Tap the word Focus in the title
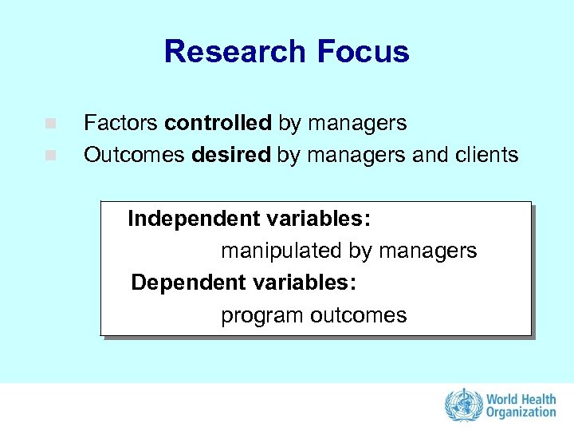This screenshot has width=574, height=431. click(363, 52)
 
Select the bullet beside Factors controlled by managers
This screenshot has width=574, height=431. click(49, 125)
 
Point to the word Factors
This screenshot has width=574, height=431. click(121, 124)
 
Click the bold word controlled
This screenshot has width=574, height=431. click(218, 124)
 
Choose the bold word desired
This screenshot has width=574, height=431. click(231, 155)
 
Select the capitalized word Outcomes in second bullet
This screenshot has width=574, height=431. click(135, 155)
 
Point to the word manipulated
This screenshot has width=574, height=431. click(281, 251)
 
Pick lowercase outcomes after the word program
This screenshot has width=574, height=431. click(358, 316)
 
